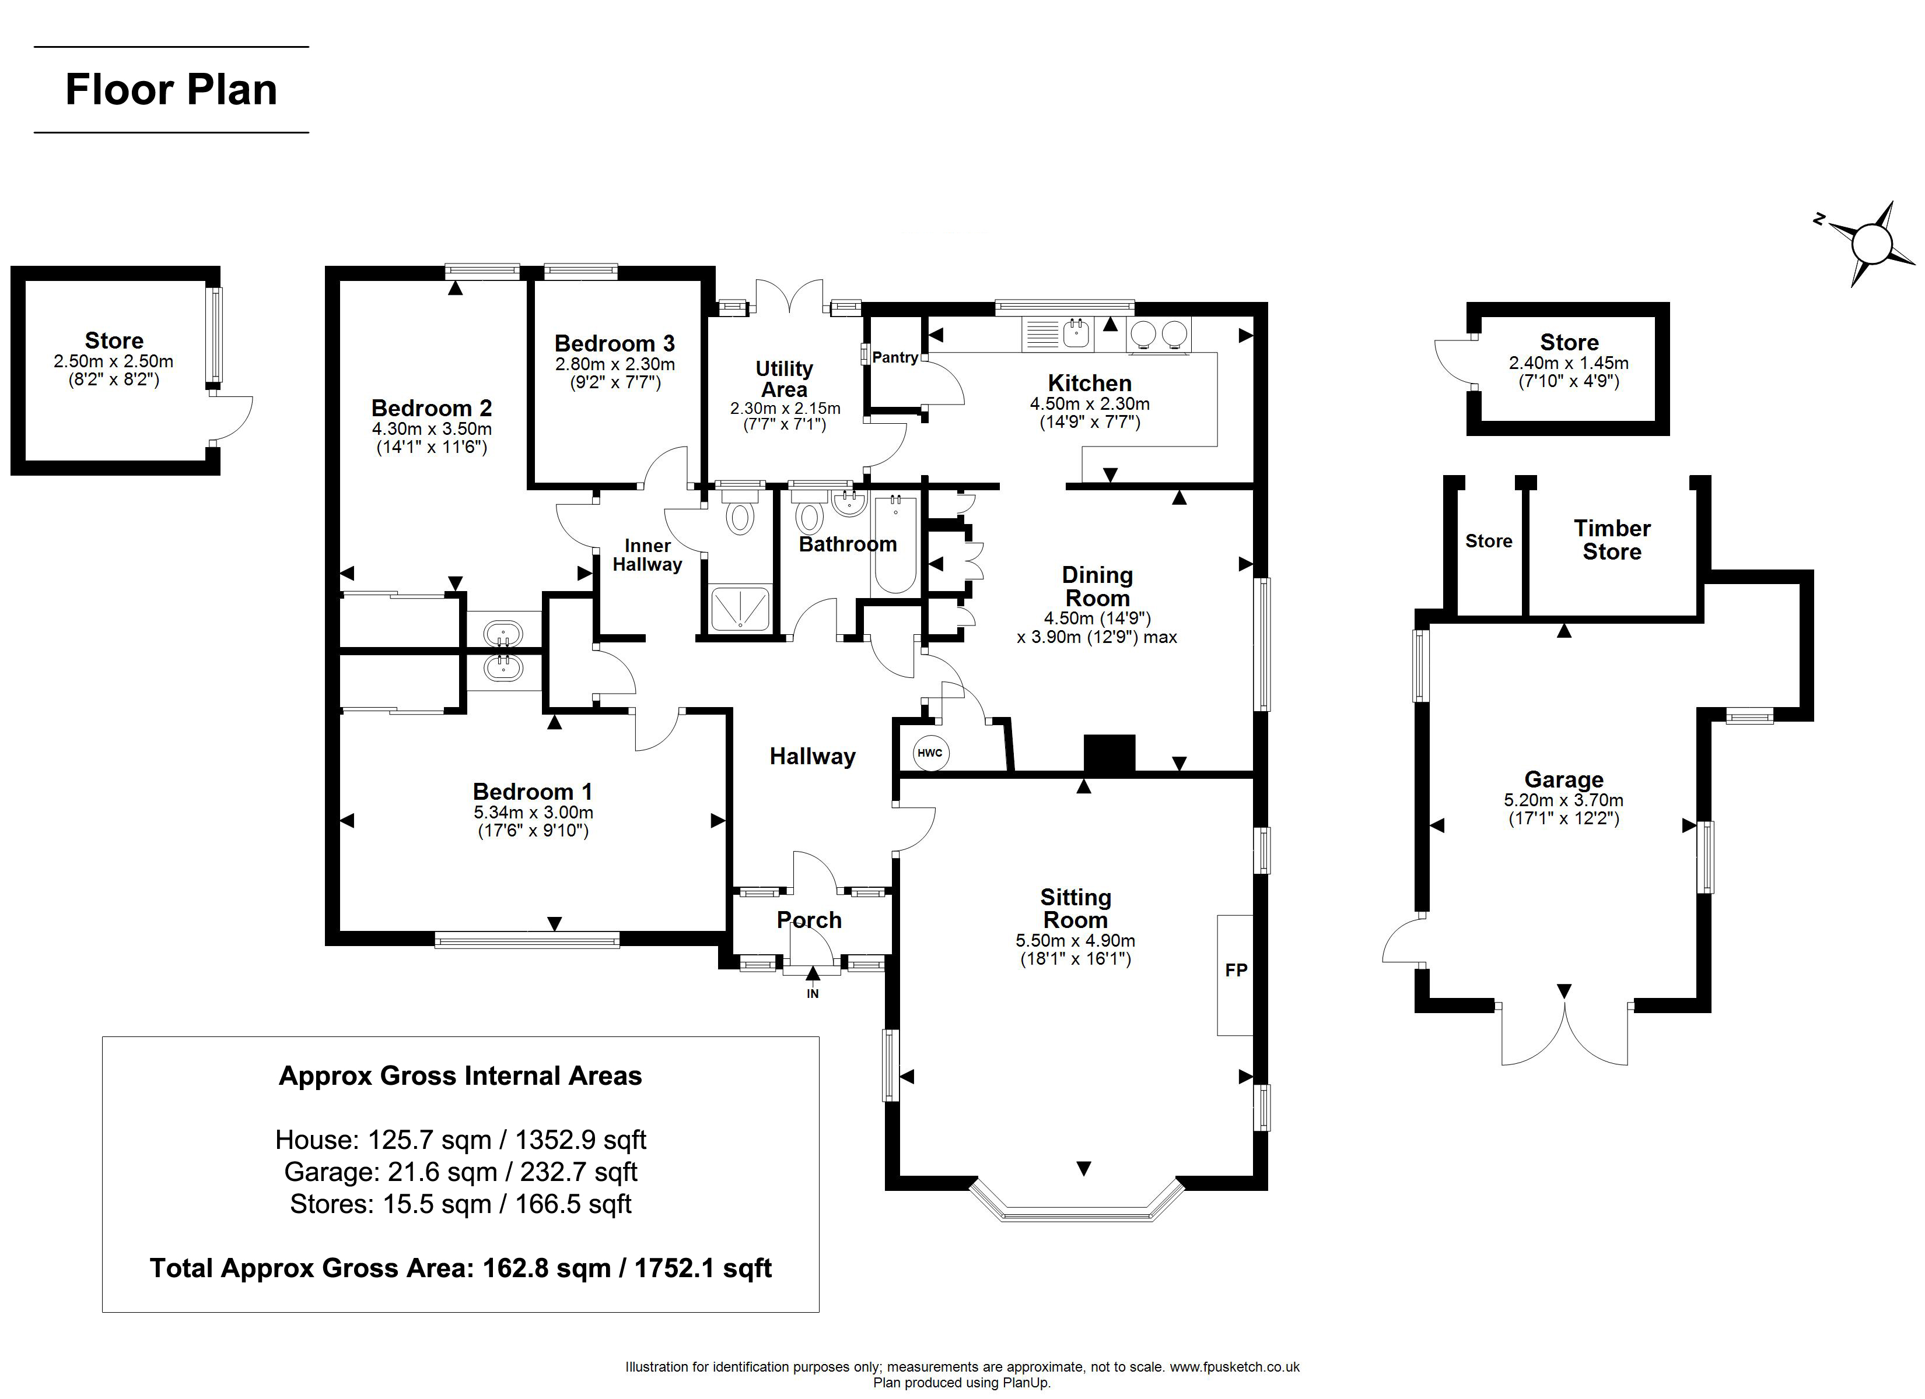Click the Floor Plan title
coord(171,90)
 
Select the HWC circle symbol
coord(930,753)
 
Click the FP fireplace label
coord(1236,970)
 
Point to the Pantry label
coord(895,357)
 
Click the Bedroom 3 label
coord(614,343)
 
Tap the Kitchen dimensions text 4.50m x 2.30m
coord(1090,404)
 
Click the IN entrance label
coord(812,993)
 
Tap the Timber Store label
coord(1612,540)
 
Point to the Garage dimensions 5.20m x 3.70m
coord(1563,800)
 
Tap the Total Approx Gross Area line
coord(461,1268)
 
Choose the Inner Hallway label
coord(647,555)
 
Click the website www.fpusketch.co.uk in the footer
coord(1235,1367)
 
